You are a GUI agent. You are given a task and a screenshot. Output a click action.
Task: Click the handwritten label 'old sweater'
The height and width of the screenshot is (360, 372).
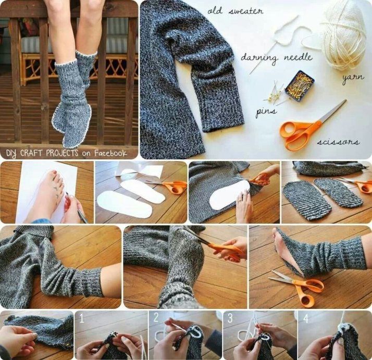point(235,11)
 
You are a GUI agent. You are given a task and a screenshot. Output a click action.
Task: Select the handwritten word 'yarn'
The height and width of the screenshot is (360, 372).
point(352,78)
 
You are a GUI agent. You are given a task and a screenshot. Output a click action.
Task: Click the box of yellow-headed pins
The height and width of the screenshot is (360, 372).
point(300,83)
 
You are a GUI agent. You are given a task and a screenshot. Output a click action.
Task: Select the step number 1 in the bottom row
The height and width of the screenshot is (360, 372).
point(82,317)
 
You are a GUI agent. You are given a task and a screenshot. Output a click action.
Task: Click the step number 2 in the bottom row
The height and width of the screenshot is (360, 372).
point(156,317)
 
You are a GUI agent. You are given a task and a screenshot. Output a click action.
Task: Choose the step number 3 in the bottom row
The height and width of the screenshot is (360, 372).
point(230,317)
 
